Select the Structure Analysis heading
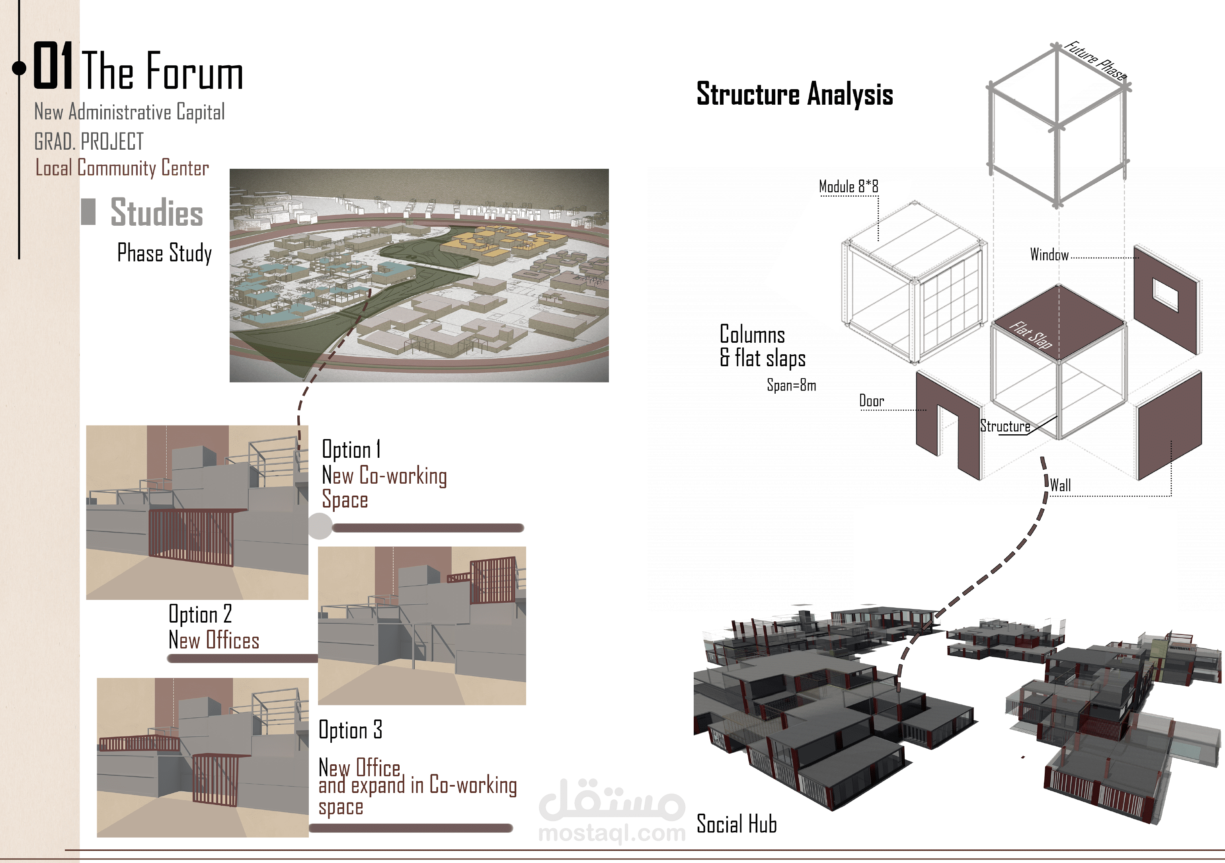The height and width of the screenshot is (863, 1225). point(794,94)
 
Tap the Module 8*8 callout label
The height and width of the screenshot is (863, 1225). point(849,187)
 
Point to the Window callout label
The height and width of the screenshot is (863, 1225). point(1049,255)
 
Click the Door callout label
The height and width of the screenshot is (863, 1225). point(871,401)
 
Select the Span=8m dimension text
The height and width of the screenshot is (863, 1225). point(791,385)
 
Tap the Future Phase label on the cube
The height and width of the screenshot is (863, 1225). point(1095,61)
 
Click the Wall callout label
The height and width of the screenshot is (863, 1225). point(1060,486)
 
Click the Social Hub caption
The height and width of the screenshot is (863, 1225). point(736,824)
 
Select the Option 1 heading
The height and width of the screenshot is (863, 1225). point(351,450)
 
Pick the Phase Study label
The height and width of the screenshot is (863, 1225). point(164,253)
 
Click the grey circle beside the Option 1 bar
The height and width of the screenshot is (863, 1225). point(320,526)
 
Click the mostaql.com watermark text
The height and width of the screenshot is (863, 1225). point(612,833)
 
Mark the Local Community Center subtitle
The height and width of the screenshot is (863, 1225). point(122,168)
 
